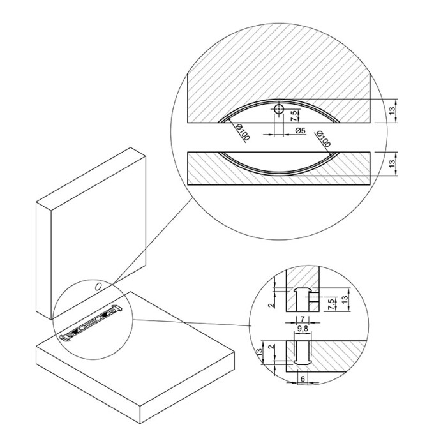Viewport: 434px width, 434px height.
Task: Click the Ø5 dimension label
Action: (301, 130)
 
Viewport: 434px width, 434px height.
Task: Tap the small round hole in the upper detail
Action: (279, 109)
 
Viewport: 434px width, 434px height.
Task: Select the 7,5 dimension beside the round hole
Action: (294, 116)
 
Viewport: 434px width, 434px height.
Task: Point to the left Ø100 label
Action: (243, 132)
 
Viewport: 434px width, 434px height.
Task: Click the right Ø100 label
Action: (324, 138)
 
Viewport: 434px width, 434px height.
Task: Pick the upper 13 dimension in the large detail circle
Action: (393, 110)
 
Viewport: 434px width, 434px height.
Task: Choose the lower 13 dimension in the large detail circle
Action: (393, 163)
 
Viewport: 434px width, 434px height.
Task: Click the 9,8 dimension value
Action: (303, 329)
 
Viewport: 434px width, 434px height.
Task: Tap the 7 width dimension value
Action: (303, 319)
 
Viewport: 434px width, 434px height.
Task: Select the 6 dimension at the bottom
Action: (303, 378)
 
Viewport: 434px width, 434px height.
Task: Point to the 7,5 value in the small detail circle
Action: (331, 304)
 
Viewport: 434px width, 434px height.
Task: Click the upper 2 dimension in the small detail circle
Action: (272, 304)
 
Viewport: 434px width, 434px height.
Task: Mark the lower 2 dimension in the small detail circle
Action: (272, 347)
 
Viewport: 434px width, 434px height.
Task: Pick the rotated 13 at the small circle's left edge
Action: (259, 352)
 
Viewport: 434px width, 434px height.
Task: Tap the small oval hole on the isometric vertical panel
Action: (98, 287)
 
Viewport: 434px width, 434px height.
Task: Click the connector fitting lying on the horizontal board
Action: (91, 324)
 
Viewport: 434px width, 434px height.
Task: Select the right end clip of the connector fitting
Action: (116, 309)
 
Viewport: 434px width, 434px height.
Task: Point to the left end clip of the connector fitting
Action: (66, 338)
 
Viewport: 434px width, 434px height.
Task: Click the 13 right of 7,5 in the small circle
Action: (345, 300)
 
